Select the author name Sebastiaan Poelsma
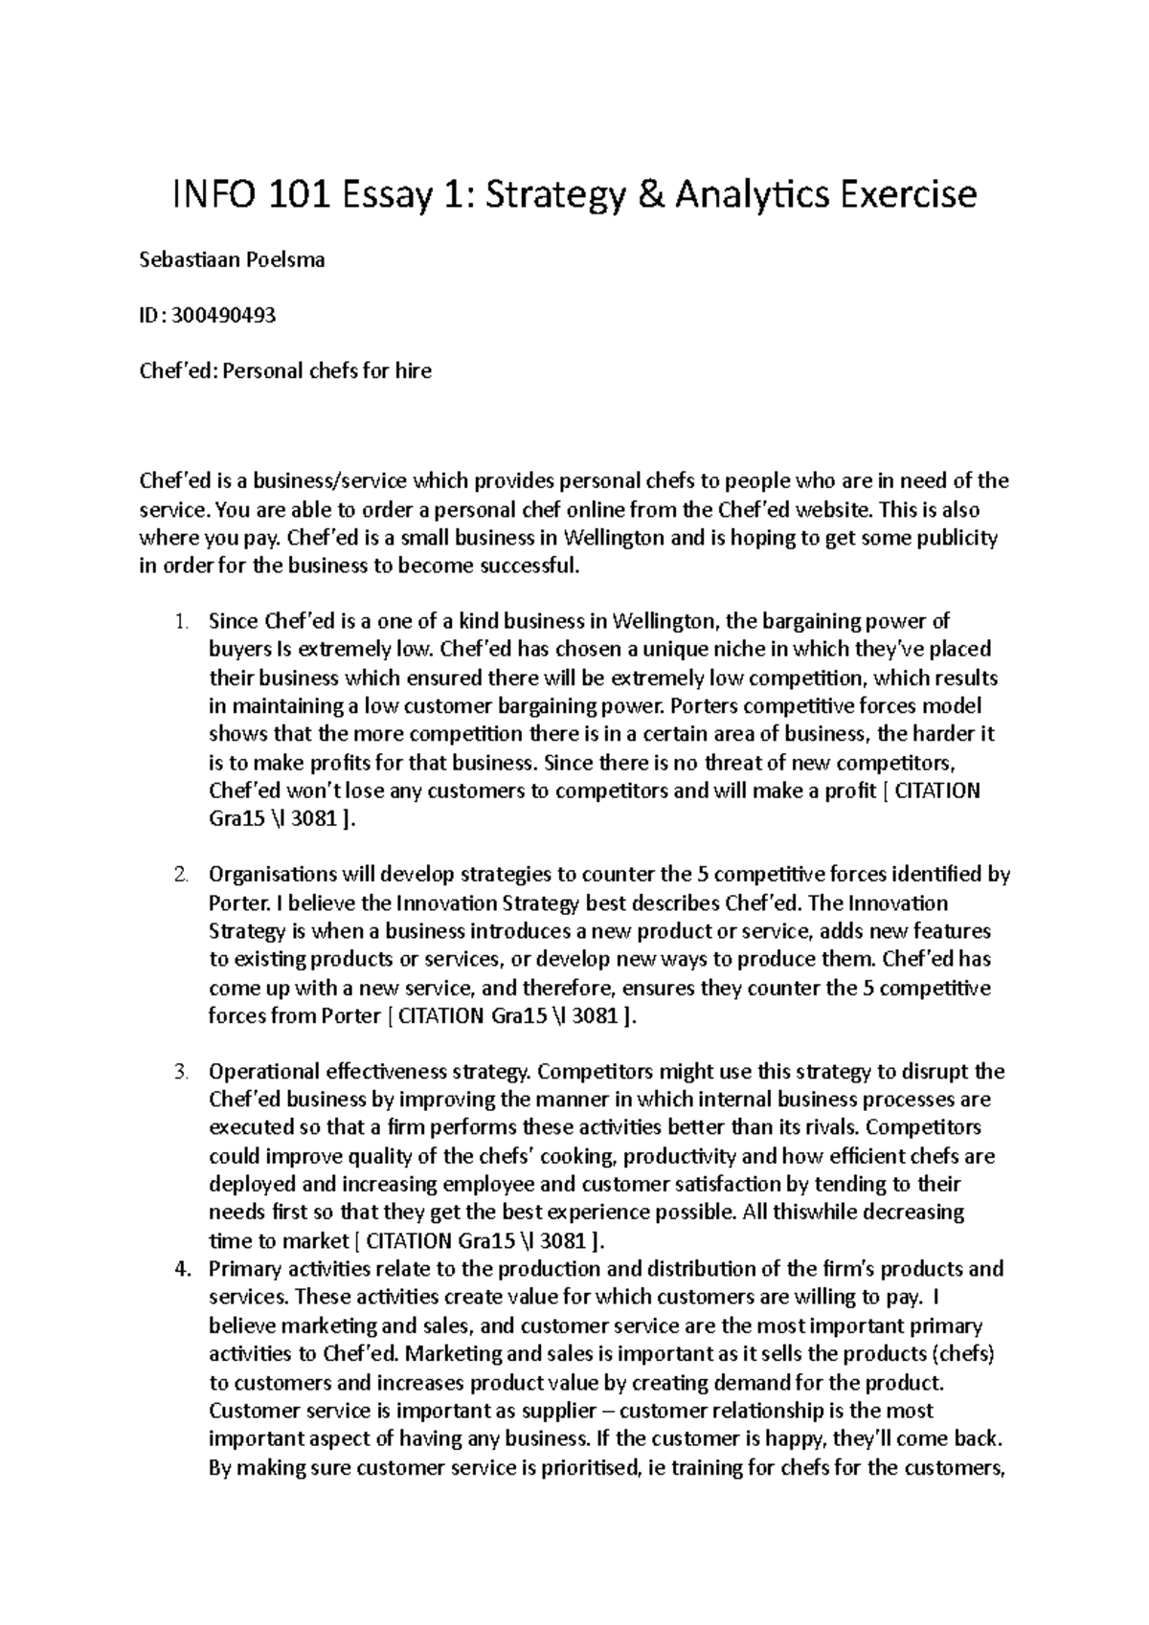[x=233, y=259]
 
